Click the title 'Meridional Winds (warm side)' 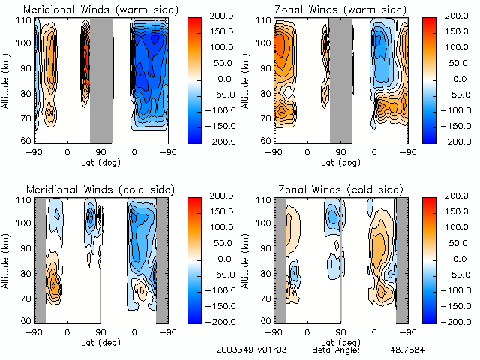100,10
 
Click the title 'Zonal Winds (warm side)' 341,10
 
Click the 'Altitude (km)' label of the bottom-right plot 247,259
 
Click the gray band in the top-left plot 101,79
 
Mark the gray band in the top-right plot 341,79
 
